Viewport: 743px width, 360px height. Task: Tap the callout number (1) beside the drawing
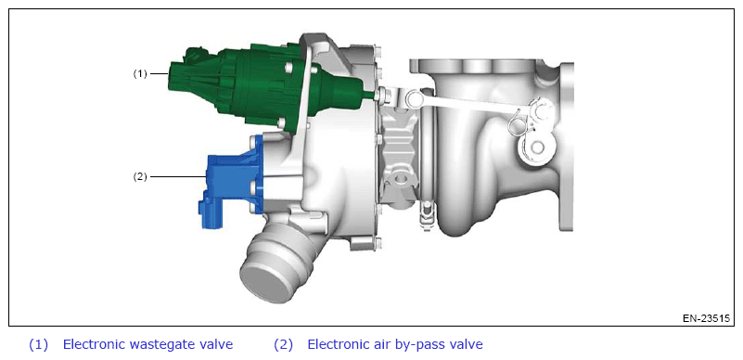click(x=140, y=74)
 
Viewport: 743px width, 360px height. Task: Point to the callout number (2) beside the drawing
click(x=140, y=176)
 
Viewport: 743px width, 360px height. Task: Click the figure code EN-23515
click(x=706, y=318)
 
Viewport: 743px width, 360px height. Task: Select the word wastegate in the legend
click(x=169, y=345)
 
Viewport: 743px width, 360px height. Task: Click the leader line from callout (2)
click(x=178, y=176)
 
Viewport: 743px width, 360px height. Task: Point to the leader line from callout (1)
click(x=160, y=74)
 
